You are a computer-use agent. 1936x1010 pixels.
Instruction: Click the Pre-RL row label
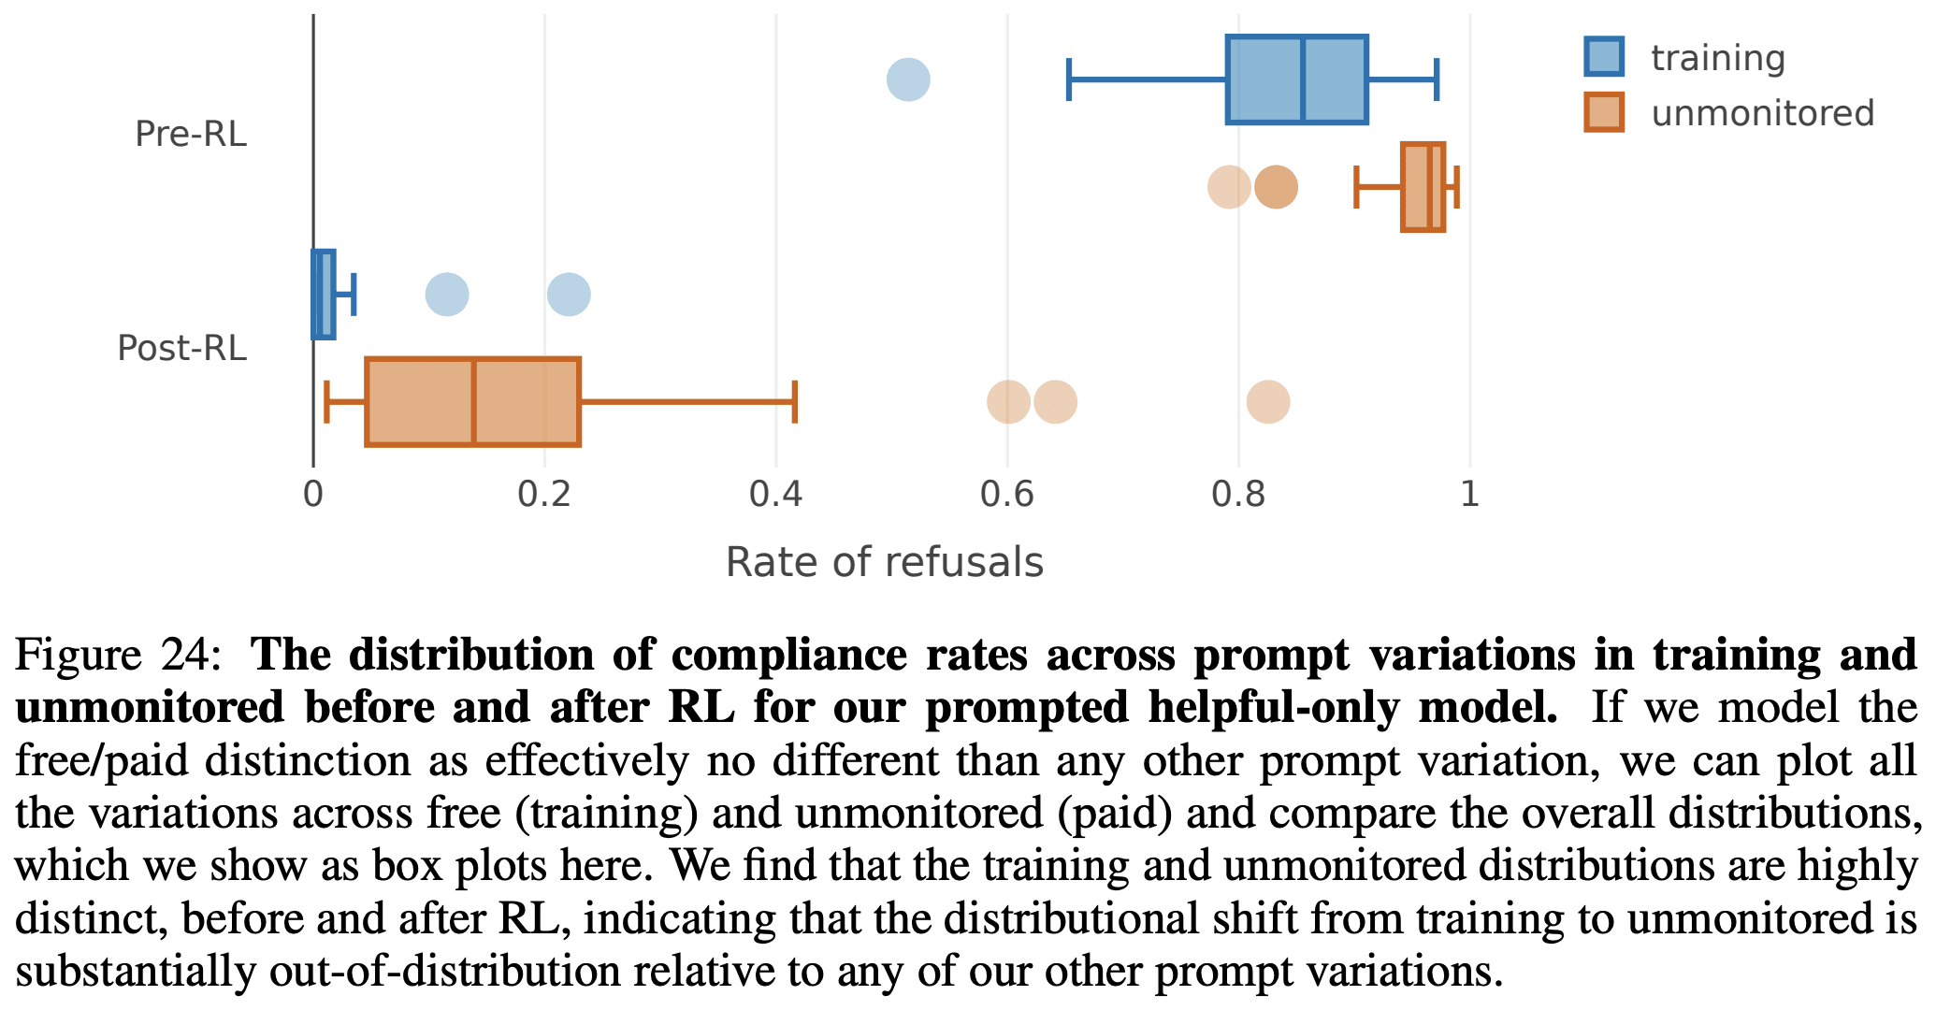tap(191, 134)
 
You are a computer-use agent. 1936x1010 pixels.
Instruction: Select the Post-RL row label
tap(181, 348)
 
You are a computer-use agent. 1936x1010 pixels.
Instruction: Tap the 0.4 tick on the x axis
tap(775, 494)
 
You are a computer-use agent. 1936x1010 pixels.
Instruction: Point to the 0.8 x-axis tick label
tap(1237, 494)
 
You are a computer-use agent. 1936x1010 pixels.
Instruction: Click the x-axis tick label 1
tap(1469, 494)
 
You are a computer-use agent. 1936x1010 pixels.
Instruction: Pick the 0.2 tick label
tap(544, 494)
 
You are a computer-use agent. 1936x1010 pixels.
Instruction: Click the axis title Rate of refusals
tap(884, 563)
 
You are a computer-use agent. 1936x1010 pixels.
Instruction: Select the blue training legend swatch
tap(1604, 57)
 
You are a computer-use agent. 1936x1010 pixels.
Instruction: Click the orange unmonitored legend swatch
tap(1604, 113)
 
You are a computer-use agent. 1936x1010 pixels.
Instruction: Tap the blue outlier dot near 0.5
tap(908, 79)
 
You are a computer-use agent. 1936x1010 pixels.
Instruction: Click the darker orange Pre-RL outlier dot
tap(1276, 187)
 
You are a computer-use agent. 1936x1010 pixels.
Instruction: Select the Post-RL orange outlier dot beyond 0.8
tap(1268, 402)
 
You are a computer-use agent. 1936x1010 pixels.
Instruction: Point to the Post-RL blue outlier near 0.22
tap(569, 295)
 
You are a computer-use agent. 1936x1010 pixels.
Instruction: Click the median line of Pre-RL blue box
tap(1302, 79)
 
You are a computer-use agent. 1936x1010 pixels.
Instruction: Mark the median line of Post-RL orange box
tap(474, 402)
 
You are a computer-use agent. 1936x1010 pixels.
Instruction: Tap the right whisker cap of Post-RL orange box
tap(794, 402)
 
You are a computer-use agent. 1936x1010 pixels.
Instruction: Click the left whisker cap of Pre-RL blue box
tap(1069, 79)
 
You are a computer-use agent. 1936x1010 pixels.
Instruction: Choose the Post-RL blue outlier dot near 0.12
tap(447, 295)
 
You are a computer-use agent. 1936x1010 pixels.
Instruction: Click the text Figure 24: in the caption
tap(118, 655)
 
